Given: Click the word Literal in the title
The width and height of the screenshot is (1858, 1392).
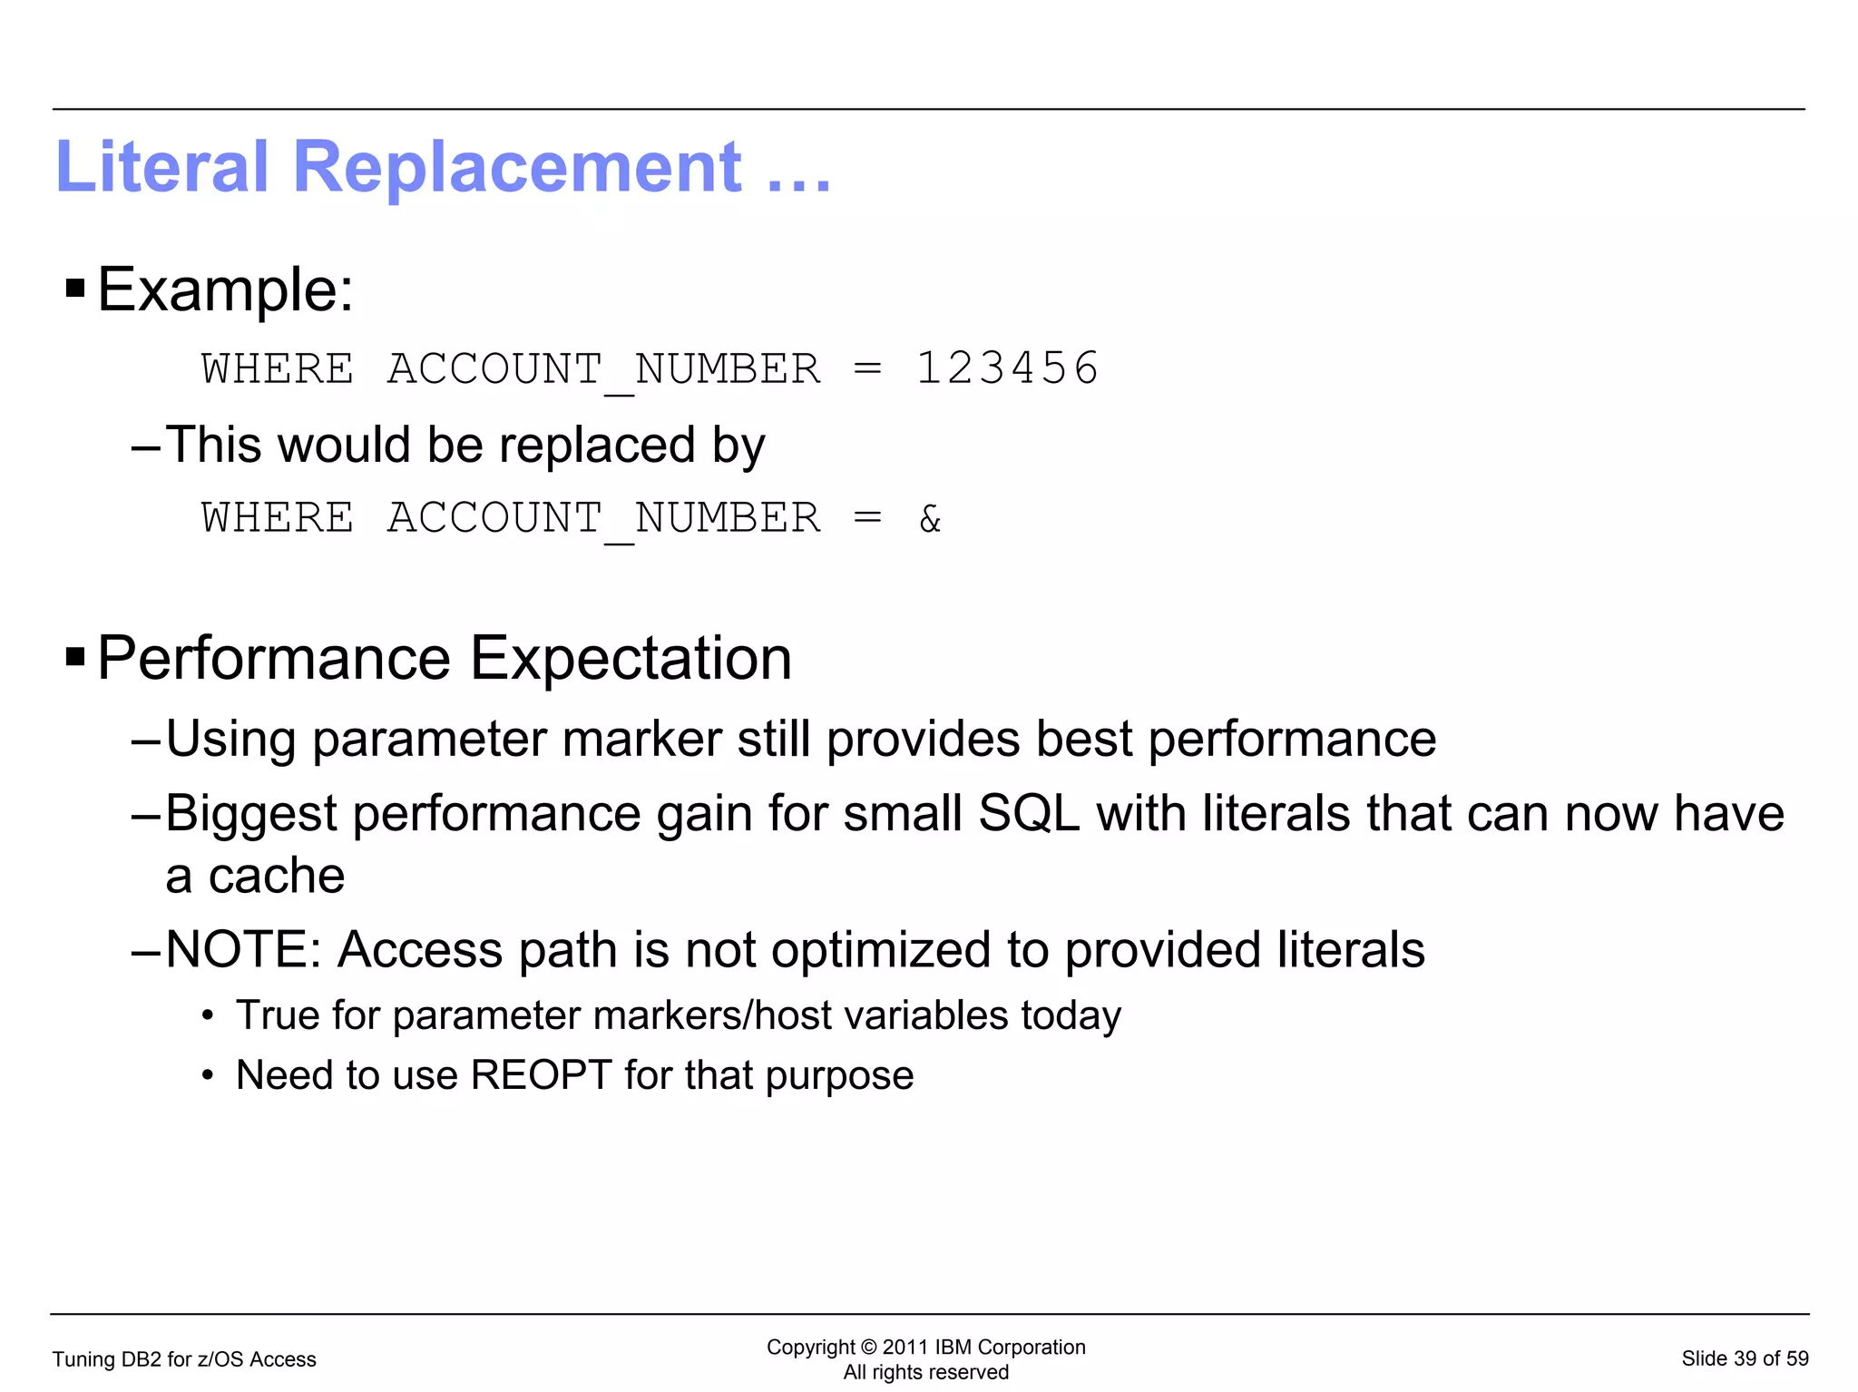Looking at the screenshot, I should click(x=162, y=167).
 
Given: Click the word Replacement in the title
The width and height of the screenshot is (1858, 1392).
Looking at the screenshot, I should click(x=517, y=167).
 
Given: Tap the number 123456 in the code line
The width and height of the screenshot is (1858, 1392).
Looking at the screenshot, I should click(x=1007, y=368).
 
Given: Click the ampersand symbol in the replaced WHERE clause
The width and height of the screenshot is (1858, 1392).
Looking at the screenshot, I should click(x=930, y=519).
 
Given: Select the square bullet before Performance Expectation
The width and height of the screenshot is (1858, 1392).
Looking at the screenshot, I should click(x=75, y=657).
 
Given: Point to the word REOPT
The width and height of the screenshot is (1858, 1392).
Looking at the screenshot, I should click(x=541, y=1075).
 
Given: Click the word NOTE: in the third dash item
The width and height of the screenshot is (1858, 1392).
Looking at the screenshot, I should click(x=243, y=949).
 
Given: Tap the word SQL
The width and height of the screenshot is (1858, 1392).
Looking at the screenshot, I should click(x=1029, y=813).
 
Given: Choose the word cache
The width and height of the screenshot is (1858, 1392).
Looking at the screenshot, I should click(x=277, y=876).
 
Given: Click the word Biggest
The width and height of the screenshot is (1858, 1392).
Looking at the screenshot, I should click(x=251, y=813).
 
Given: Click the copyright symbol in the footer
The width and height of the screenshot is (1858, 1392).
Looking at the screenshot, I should click(x=868, y=1348).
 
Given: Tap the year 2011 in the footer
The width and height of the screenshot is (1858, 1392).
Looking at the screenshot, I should click(x=905, y=1348).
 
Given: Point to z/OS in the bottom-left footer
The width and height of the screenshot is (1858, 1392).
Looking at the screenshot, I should click(x=222, y=1359).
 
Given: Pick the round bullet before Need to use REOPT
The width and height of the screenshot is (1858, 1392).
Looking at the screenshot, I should click(x=208, y=1076).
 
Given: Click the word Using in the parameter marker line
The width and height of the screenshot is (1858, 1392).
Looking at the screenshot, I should click(x=230, y=739).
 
